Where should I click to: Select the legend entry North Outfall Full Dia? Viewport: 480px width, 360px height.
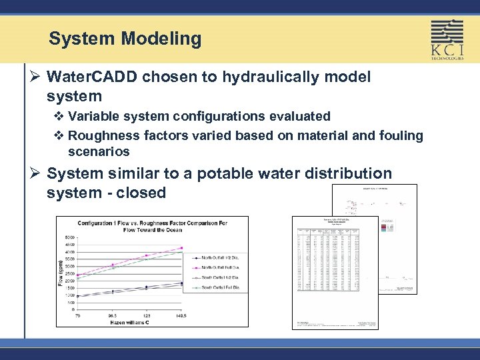(217, 267)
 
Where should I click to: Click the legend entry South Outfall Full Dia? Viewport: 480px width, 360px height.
(217, 288)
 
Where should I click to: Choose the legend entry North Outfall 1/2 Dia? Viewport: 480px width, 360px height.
(217, 256)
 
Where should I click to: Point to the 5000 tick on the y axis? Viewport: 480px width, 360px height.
(69, 237)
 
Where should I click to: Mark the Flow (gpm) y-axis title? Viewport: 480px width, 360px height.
(61, 273)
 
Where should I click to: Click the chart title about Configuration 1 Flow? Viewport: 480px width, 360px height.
(152, 226)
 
